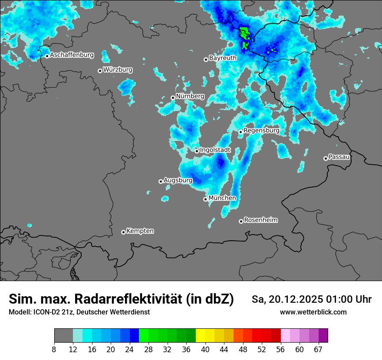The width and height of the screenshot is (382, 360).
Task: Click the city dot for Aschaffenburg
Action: [47, 56]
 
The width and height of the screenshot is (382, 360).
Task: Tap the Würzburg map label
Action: [118, 70]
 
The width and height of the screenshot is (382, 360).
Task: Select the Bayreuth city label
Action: [223, 58]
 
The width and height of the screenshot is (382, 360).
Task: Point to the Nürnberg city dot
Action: [173, 98]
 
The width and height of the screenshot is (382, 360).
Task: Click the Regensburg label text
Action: [261, 131]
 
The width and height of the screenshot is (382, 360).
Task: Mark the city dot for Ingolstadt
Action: [197, 151]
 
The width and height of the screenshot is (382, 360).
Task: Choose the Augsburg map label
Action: [178, 180]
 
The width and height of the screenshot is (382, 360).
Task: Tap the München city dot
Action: [205, 200]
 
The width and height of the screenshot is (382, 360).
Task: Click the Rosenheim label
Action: [260, 220]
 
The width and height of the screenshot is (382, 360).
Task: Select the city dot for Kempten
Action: [123, 232]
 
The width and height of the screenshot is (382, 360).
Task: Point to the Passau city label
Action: [339, 157]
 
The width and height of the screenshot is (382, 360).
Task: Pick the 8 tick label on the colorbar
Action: [54, 350]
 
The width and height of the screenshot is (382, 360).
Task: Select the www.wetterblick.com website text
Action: [313, 312]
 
